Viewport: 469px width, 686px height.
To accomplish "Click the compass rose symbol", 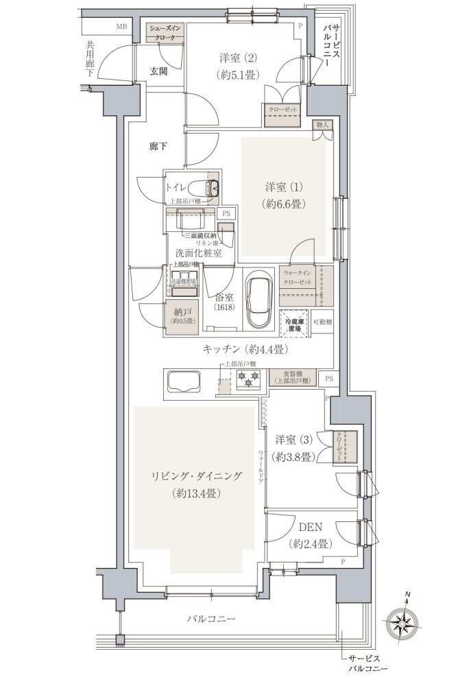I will [x=406, y=622].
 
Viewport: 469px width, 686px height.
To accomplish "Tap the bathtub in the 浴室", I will [x=258, y=303].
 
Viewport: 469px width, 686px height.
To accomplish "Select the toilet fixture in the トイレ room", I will [x=206, y=186].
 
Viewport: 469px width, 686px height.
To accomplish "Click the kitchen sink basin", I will [x=181, y=381].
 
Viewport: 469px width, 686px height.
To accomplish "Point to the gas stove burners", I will [x=248, y=377].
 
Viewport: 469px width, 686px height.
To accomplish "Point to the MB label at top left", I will [x=121, y=27].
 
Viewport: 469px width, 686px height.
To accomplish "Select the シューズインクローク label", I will [x=167, y=32].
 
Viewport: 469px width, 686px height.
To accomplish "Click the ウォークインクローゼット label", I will [x=297, y=278].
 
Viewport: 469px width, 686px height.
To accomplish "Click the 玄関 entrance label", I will [x=160, y=71].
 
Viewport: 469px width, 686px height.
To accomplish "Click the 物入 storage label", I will [x=323, y=125].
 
